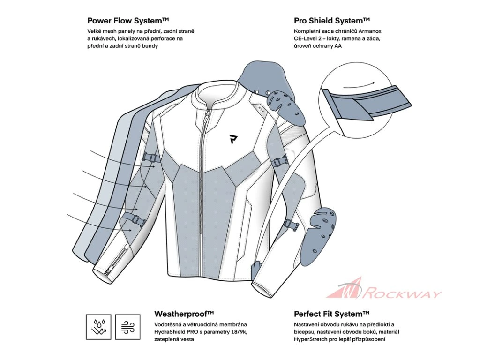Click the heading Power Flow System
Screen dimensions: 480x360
pyautogui.click(x=128, y=21)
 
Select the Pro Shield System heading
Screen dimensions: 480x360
pyautogui.click(x=332, y=21)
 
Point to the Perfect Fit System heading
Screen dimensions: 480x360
pyautogui.click(x=332, y=314)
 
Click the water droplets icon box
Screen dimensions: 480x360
pyautogui.click(x=98, y=327)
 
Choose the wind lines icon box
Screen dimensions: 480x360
pyautogui.click(x=127, y=327)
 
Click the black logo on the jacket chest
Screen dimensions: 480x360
pyautogui.click(x=233, y=139)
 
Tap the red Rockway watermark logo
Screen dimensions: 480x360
pyautogui.click(x=384, y=289)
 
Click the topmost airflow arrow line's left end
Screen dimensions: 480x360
pyautogui.click(x=90, y=151)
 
